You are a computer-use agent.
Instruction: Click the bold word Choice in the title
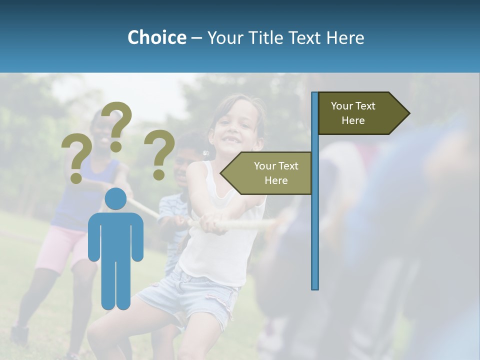pos(156,37)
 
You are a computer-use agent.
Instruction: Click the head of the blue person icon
pos(115,199)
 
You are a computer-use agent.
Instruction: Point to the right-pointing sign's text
pos(353,113)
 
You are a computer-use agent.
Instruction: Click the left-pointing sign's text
pos(275,173)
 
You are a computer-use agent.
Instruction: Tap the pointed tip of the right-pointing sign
pos(408,113)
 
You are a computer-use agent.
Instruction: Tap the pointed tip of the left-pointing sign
pos(222,173)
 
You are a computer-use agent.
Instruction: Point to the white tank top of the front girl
pos(220,250)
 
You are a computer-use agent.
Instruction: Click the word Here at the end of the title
pos(345,37)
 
